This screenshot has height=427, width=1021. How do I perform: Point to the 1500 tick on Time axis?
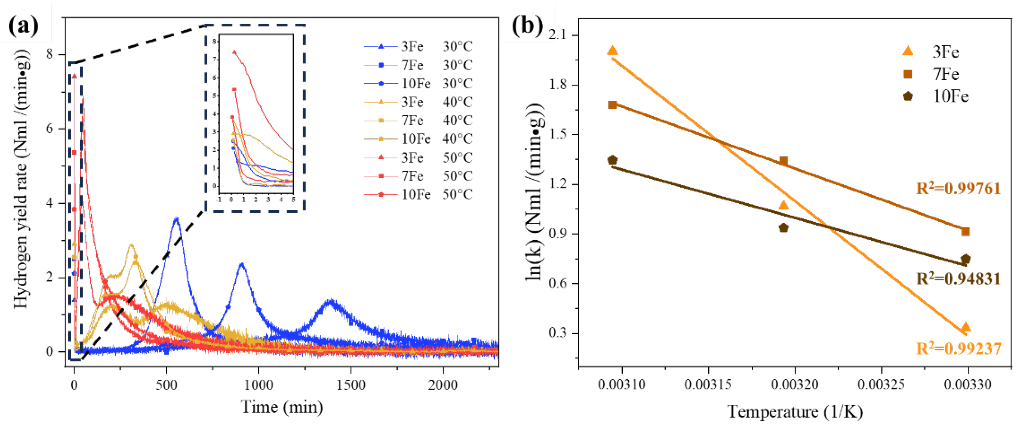(350, 384)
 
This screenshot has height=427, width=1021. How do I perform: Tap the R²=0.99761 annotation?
(958, 189)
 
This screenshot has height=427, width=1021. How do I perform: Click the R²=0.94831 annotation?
(958, 279)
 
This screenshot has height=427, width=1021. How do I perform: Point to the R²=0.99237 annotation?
(958, 348)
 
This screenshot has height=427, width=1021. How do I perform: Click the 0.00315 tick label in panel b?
(708, 384)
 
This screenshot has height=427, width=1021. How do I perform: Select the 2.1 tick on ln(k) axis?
(557, 35)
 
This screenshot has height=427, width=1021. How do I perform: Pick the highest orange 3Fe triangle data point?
(612, 50)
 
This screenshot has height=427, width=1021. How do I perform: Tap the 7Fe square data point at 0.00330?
(965, 231)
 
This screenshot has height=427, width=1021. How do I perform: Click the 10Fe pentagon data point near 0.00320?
(783, 228)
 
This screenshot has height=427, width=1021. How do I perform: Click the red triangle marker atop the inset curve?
(234, 52)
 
